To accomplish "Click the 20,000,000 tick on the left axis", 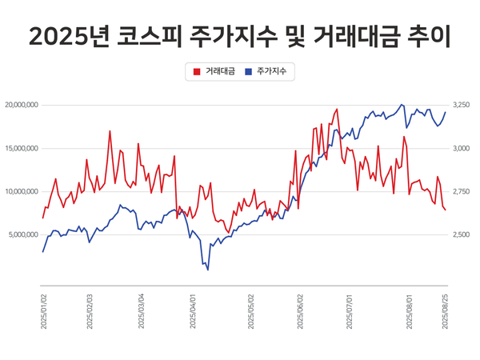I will (x=22, y=105).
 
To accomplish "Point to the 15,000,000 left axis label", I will (x=22, y=148).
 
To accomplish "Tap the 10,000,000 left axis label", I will (x=22, y=191).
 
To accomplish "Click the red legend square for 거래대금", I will (x=197, y=72).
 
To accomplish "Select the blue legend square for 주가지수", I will (x=250, y=72).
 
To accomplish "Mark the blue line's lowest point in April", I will (x=208, y=270).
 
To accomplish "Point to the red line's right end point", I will (x=445, y=210).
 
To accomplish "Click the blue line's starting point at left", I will (x=43, y=252).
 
